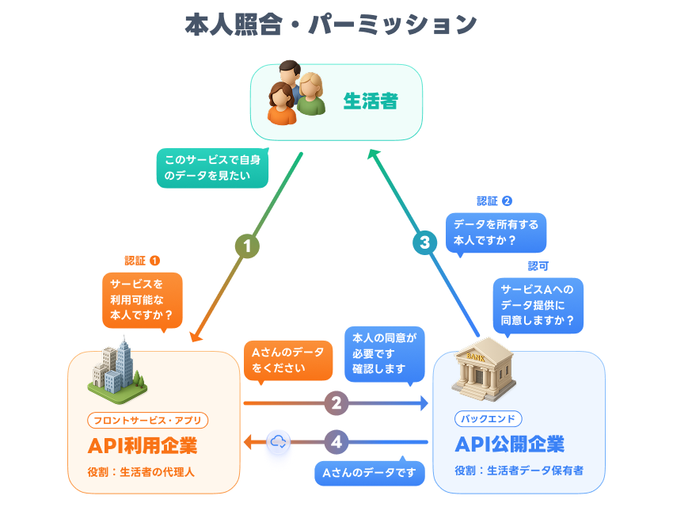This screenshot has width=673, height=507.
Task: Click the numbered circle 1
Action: click(247, 246)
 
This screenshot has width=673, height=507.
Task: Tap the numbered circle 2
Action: click(336, 403)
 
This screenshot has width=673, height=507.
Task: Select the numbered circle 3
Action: click(425, 242)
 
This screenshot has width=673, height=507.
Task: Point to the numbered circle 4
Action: click(336, 442)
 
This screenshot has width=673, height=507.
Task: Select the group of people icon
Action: click(297, 93)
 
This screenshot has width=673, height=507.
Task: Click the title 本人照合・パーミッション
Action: click(330, 25)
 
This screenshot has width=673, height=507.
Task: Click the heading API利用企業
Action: click(143, 445)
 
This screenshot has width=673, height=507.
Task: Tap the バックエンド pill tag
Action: click(488, 418)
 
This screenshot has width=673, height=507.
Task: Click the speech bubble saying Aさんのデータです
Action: click(370, 473)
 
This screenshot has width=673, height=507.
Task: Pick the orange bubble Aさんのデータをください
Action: click(287, 360)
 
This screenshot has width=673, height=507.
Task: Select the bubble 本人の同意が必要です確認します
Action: click(384, 352)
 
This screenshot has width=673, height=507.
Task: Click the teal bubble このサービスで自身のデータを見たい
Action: click(212, 168)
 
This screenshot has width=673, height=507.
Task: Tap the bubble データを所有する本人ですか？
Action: click(496, 232)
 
